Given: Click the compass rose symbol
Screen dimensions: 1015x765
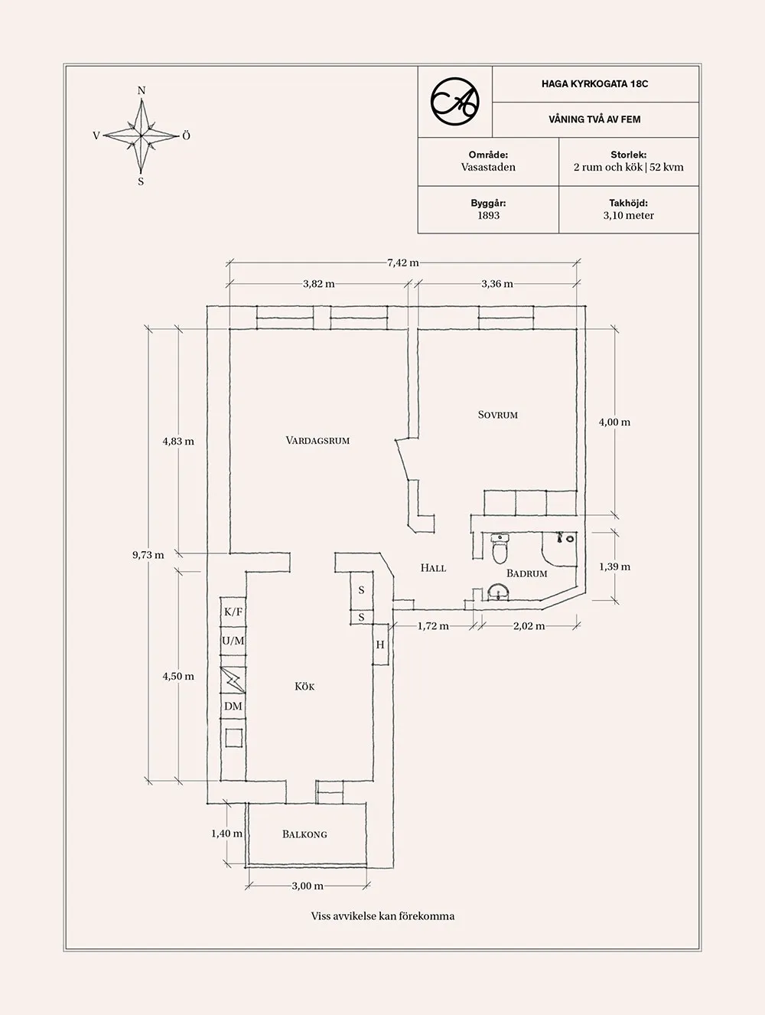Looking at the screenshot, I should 142,136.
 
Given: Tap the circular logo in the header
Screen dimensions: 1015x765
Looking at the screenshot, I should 454,101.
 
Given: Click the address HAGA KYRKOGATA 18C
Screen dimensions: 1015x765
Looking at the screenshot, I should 594,84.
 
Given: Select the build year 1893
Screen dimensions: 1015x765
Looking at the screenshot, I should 488,216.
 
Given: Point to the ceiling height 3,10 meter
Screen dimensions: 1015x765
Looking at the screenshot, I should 628,216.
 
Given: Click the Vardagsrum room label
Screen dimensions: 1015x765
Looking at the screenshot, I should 317,441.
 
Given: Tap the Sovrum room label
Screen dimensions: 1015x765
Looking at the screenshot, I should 498,415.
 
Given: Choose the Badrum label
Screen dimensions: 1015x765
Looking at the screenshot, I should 527,573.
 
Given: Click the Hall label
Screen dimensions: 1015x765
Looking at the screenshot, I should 433,568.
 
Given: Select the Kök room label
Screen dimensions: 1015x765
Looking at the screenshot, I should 304,687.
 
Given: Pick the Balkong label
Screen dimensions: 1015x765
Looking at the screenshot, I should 304,834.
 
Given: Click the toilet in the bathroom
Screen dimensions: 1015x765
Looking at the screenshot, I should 500,547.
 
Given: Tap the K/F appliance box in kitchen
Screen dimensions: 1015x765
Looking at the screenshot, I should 233,612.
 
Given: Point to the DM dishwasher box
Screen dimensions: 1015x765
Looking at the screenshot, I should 233,707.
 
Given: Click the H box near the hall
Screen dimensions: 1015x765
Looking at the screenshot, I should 380,645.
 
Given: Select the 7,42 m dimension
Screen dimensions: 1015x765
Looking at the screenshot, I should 403,263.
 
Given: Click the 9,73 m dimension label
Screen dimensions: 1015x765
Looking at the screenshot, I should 148,555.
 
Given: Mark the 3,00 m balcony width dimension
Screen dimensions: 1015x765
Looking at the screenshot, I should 307,886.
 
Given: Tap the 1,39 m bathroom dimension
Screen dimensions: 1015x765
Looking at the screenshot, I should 614,567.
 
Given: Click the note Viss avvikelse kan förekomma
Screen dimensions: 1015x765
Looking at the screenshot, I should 382,916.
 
